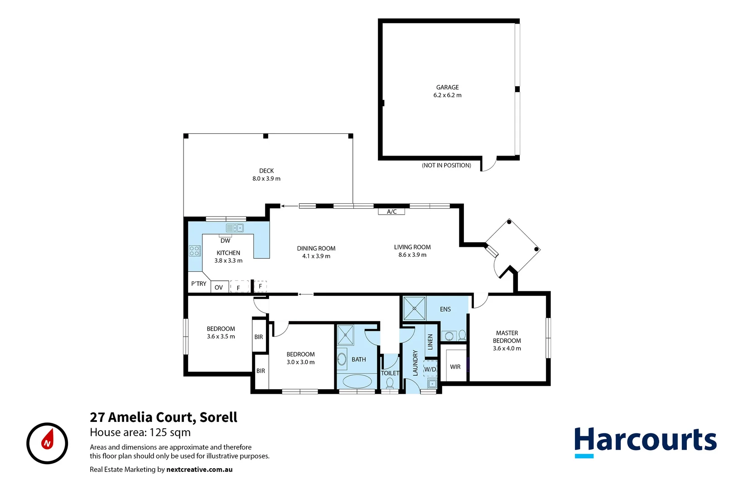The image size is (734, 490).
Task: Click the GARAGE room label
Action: point(447,87)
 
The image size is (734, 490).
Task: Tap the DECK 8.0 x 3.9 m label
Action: point(266,175)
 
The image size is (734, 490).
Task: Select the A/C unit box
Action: point(391,211)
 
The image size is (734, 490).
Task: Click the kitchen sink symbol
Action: point(235,228)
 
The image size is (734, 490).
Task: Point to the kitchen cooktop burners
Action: point(195,251)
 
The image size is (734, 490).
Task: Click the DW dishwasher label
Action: point(225,240)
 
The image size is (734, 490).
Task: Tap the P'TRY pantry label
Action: point(198,284)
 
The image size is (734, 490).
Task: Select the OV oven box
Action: point(219,287)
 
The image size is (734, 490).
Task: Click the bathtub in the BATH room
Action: point(357,381)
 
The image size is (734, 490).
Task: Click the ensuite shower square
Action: point(414,308)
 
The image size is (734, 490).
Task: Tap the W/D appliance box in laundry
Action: point(430,369)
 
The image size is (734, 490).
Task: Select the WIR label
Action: point(455,367)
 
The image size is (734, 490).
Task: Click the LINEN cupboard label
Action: point(430,341)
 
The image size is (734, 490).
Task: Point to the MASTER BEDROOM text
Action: point(507,337)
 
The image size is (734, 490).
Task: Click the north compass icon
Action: point(47,443)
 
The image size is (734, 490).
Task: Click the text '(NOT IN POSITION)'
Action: point(446,165)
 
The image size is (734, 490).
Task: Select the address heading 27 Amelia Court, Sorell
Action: point(164,417)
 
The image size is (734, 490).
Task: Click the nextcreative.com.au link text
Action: point(199,470)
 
